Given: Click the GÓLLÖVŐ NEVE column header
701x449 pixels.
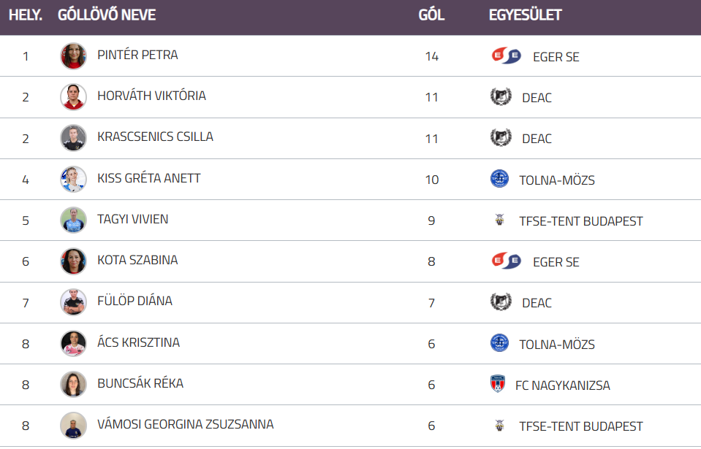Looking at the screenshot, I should click(x=107, y=15).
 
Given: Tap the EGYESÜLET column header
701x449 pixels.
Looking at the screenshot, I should click(x=525, y=15).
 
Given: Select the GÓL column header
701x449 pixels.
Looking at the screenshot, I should click(x=431, y=15).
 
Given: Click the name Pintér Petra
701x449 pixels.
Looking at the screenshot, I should click(x=137, y=55).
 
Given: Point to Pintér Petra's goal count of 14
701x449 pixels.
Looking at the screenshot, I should click(x=431, y=56).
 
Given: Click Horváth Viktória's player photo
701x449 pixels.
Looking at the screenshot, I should click(x=73, y=96).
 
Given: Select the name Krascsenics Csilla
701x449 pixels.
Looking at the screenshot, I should click(x=155, y=137).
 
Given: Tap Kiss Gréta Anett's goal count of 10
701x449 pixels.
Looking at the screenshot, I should click(x=431, y=180).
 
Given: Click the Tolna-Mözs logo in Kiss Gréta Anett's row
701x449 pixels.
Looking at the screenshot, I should click(x=499, y=179).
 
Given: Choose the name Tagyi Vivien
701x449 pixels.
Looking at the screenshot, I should click(x=133, y=219).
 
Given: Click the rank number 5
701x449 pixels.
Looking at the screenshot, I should click(x=26, y=220).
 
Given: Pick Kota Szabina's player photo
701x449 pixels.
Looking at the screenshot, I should click(x=73, y=261).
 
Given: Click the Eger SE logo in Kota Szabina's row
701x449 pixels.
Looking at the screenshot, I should click(x=507, y=261).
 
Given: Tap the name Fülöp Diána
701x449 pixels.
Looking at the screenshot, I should click(x=134, y=301).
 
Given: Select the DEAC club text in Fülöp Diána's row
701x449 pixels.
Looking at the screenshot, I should click(x=537, y=303).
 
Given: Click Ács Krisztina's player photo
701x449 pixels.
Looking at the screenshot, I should click(x=73, y=343).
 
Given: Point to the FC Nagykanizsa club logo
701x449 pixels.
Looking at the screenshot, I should click(x=498, y=384).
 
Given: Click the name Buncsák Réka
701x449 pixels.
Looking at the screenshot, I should click(x=140, y=383).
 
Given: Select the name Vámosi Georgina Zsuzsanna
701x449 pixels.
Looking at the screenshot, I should click(x=185, y=424).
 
